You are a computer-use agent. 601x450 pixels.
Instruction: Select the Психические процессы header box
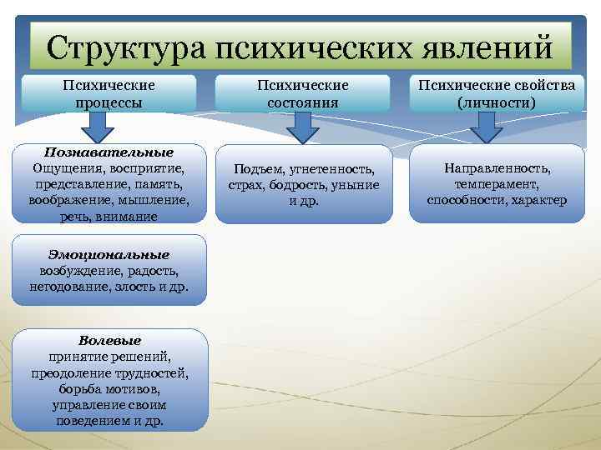click(109, 94)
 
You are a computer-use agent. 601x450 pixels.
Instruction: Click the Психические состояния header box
click(303, 94)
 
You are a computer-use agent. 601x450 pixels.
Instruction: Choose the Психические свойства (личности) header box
click(497, 94)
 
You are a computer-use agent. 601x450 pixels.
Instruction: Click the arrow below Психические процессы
click(98, 127)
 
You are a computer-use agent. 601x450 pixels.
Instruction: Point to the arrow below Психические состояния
click(303, 127)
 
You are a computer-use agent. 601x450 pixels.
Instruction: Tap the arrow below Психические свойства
click(484, 127)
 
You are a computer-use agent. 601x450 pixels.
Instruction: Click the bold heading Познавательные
click(109, 152)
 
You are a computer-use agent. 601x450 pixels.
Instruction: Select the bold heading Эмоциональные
click(109, 255)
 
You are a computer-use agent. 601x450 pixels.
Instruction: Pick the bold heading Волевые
click(109, 341)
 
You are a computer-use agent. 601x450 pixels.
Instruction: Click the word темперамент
click(497, 184)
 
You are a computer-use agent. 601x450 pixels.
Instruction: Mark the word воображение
click(63, 200)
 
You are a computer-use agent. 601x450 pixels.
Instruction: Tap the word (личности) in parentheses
click(497, 102)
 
